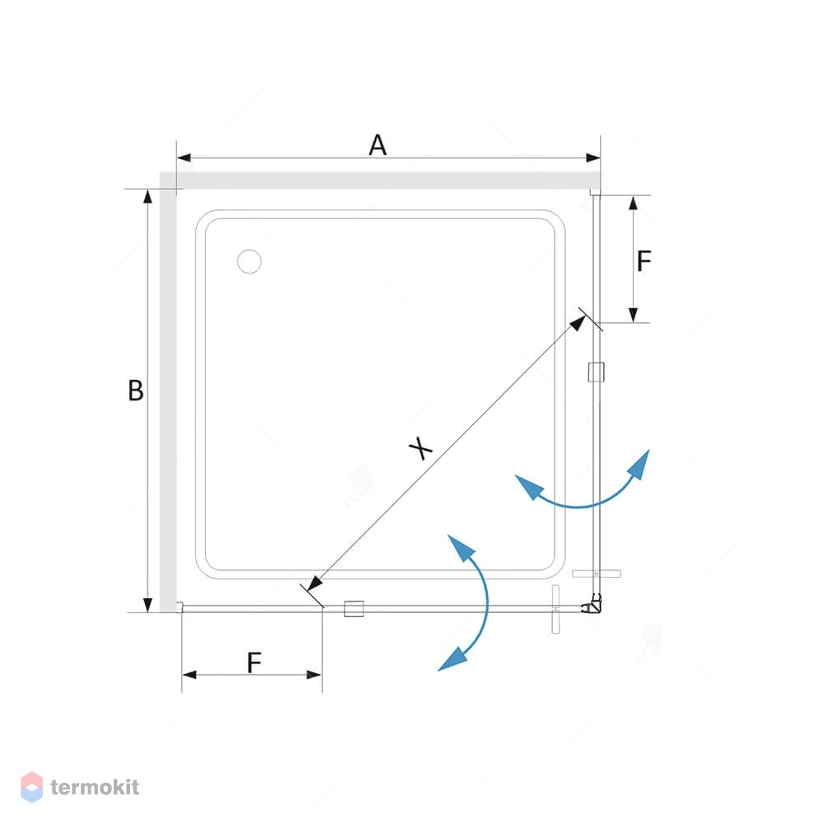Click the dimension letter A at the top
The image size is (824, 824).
tap(378, 145)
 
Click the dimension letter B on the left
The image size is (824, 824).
tap(136, 391)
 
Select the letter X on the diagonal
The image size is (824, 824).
tap(421, 448)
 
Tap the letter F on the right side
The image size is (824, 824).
tap(644, 260)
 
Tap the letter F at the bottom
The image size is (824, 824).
tap(255, 662)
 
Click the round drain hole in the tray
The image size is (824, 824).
tap(249, 261)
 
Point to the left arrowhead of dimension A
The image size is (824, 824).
tap(184, 157)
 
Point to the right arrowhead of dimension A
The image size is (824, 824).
tap(593, 157)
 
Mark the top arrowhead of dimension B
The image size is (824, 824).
tap(147, 196)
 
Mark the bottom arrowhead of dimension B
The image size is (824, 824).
tap(147, 605)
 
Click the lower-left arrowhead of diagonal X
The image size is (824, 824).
tap(314, 583)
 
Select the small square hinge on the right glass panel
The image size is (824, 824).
tap(596, 372)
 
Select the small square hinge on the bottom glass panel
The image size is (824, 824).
tap(353, 609)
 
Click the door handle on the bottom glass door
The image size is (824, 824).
tap(556, 609)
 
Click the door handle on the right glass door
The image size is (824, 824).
tap(597, 574)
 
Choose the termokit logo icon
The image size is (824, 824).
tap(31, 787)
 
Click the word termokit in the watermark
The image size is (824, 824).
tap(95, 787)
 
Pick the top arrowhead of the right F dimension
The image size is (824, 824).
tap(633, 203)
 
